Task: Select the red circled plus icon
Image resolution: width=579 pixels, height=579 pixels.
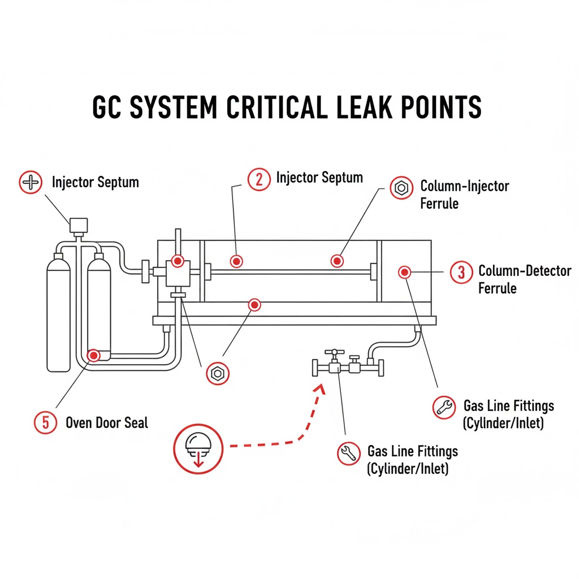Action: (31, 183)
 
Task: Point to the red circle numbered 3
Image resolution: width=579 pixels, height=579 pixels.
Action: (461, 272)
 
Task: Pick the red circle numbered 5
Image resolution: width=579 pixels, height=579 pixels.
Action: (45, 422)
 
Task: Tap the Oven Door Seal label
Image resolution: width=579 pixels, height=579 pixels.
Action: (107, 422)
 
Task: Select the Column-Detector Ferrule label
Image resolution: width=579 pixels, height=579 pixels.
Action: (524, 279)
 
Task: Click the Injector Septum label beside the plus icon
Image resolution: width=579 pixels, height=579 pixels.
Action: (95, 183)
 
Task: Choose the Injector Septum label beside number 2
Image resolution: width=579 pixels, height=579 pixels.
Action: (319, 178)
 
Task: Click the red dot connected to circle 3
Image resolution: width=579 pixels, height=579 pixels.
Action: (404, 272)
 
